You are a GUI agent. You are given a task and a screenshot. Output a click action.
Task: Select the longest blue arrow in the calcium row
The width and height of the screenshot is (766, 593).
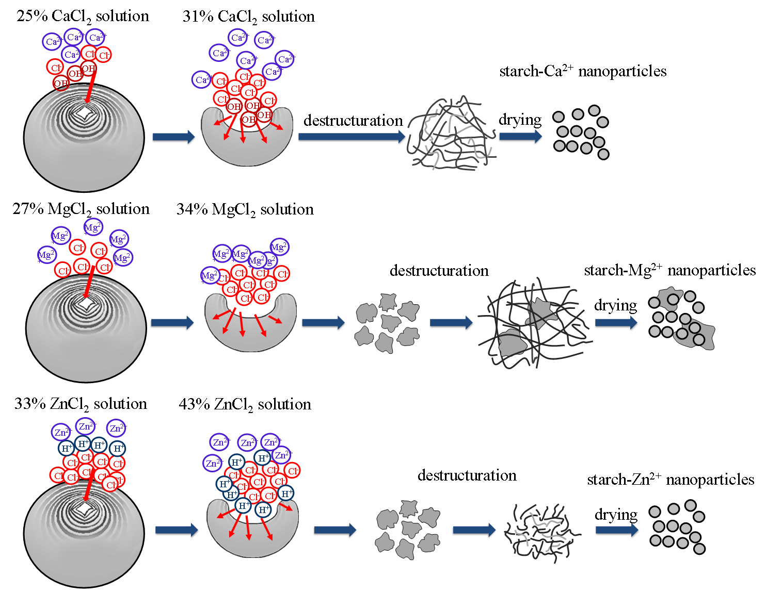coord(352,137)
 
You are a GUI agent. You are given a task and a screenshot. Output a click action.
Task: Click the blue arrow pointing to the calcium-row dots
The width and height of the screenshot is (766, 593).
coord(520,136)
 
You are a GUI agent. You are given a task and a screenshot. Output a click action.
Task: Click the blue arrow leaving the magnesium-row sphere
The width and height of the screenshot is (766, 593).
coord(172,323)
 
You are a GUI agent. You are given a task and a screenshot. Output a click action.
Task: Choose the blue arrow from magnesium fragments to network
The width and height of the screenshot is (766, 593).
coord(451,323)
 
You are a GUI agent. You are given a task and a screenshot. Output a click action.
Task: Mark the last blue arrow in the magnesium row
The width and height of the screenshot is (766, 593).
coord(616,323)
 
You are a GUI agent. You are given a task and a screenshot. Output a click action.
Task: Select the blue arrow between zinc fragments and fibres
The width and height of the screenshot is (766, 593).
coord(474,530)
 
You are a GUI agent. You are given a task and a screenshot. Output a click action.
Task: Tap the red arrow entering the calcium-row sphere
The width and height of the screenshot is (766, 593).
coord(91,85)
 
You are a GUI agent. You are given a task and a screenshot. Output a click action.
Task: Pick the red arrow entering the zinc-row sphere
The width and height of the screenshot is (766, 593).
coord(89,485)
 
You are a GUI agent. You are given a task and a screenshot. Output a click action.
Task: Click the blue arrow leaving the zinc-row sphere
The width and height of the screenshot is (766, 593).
coord(176,530)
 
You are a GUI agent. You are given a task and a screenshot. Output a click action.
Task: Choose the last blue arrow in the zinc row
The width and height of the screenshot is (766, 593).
coord(616,530)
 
